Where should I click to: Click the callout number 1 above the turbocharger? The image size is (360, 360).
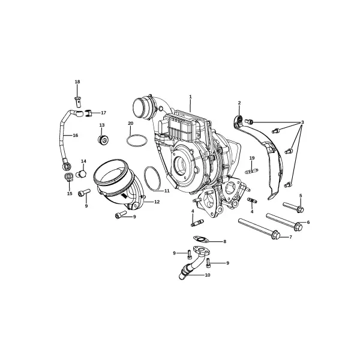click(x=190, y=97)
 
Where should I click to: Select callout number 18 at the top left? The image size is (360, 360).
click(x=77, y=82)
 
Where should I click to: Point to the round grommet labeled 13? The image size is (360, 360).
click(x=103, y=140)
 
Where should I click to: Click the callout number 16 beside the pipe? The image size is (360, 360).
click(x=76, y=135)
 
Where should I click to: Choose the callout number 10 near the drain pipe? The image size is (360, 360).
click(x=208, y=275)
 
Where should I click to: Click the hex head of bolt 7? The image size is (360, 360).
click(x=276, y=235)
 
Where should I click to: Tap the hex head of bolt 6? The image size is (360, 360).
click(x=298, y=226)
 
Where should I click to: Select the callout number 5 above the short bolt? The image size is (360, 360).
click(x=301, y=196)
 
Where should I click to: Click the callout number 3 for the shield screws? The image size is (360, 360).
click(x=302, y=122)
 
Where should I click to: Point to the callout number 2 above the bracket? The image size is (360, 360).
click(x=239, y=103)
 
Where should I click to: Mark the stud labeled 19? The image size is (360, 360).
click(x=252, y=171)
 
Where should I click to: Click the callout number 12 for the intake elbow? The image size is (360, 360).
click(x=157, y=202)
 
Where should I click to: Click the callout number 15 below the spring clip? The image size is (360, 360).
click(x=70, y=194)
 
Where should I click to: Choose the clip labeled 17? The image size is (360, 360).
click(x=89, y=113)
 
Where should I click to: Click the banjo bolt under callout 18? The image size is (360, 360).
click(x=78, y=101)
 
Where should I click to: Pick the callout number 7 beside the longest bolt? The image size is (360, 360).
click(x=290, y=237)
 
